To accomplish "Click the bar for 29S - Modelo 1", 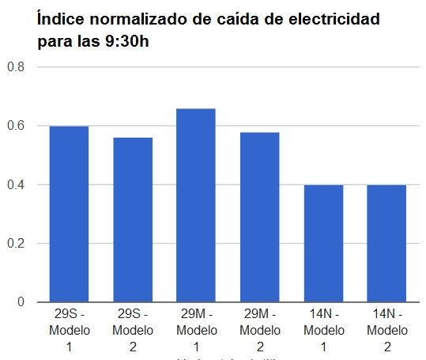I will pos(69,214).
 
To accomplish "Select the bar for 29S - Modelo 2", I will pos(133,219).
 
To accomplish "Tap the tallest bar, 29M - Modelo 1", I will pos(196,205).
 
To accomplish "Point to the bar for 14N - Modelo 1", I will pos(323,243).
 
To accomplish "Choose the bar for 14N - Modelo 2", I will pos(386,243).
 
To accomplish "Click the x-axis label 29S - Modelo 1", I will pos(70,330).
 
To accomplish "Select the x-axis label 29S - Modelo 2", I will pos(133,330).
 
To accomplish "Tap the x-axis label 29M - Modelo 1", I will pos(196,330).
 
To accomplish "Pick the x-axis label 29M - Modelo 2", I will pos(259,330).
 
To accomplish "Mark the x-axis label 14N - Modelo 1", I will pos(323,330).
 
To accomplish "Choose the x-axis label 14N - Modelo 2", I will pos(386,330).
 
